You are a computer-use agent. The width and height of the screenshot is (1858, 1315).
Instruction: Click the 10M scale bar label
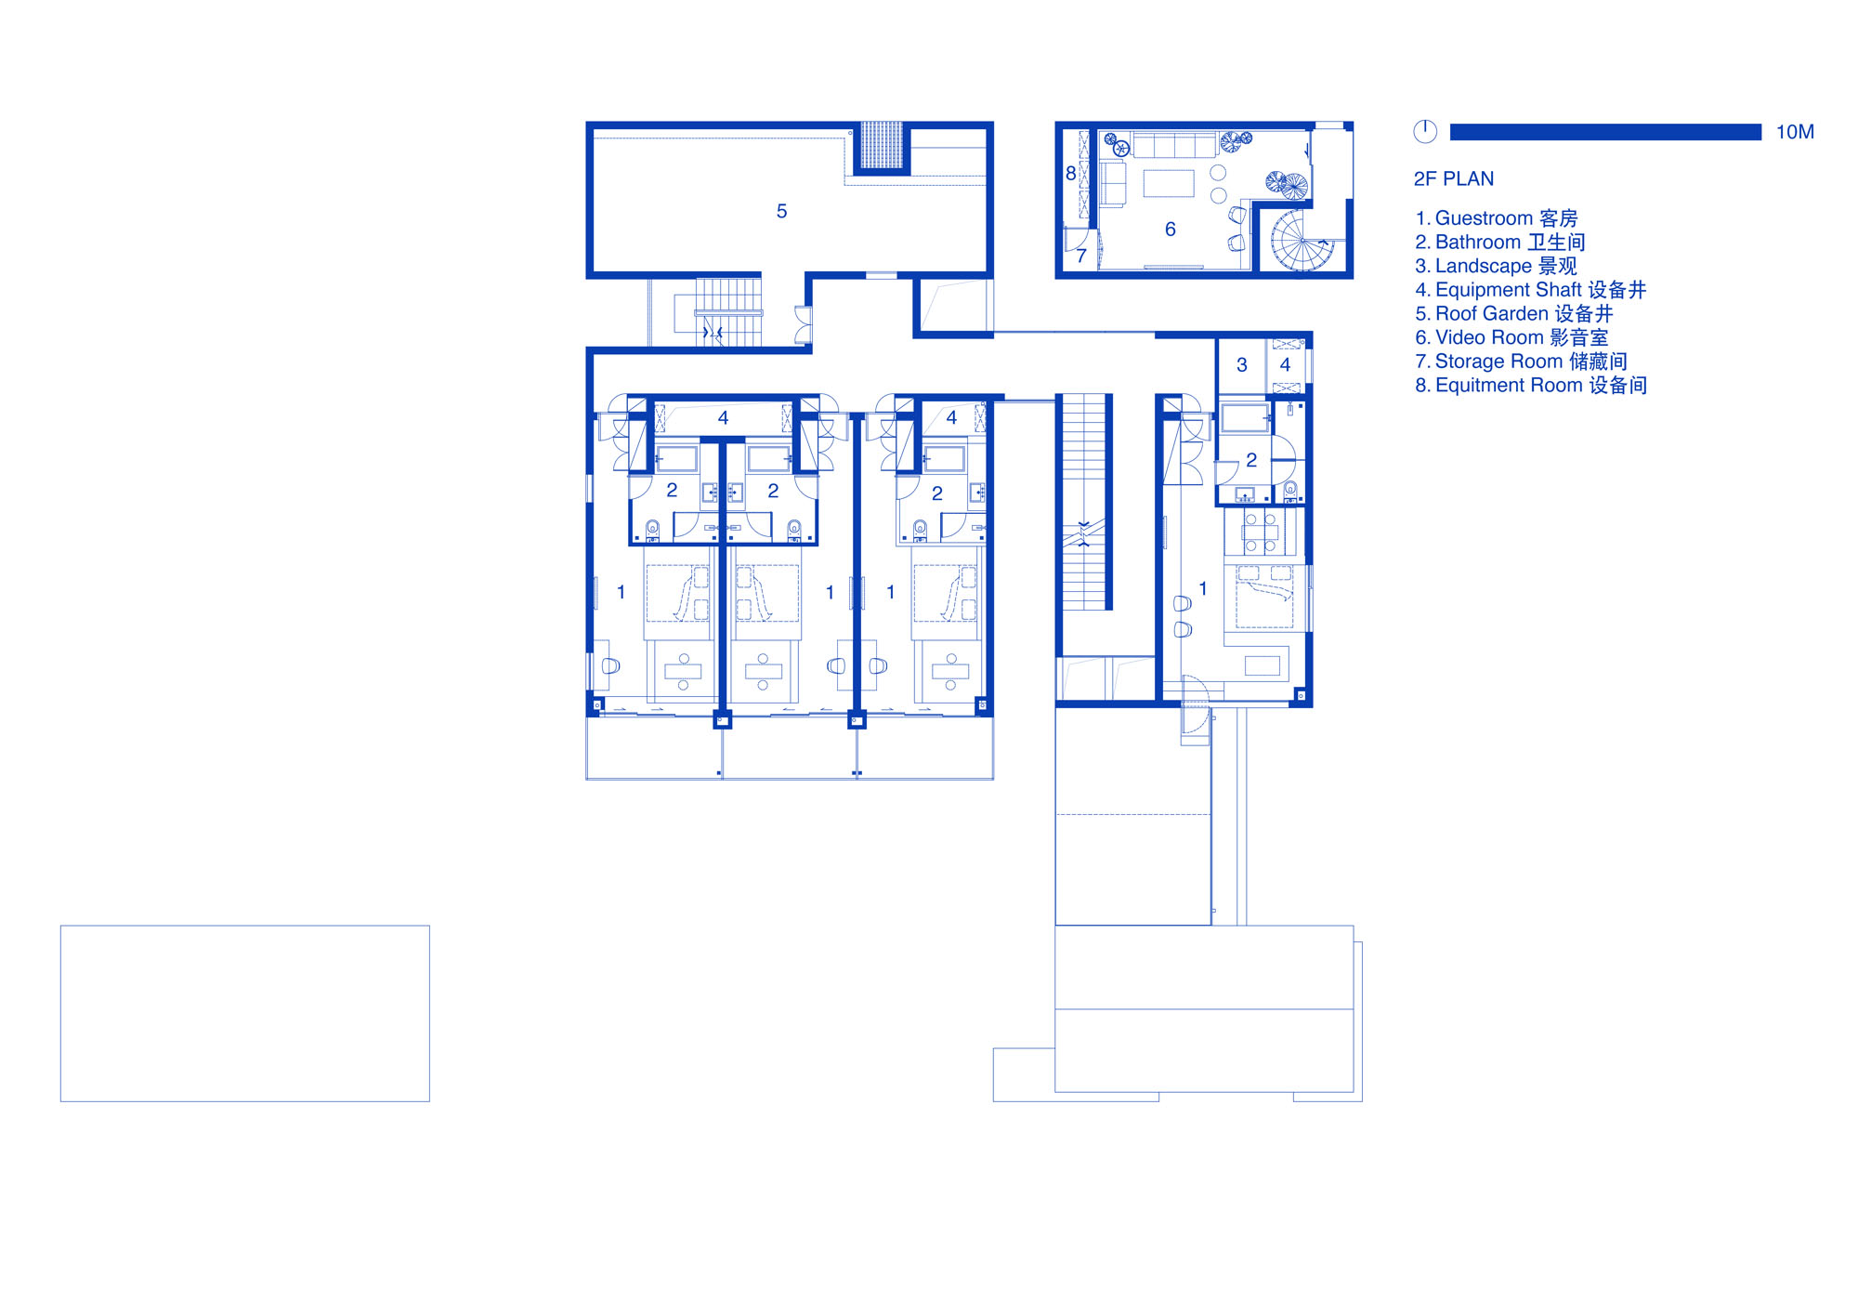click(x=1795, y=132)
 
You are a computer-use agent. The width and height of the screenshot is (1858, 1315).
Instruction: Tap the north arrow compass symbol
click(x=1425, y=132)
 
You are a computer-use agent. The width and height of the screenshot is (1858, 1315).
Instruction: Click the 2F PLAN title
click(x=1454, y=178)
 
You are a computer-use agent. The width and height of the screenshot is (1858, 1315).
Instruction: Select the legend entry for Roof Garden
click(x=1514, y=314)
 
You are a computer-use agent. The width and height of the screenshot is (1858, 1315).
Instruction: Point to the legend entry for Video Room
click(x=1511, y=338)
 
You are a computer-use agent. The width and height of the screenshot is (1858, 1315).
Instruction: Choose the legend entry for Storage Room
click(x=1521, y=362)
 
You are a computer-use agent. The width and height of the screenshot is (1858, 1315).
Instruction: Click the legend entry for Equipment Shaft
click(x=1530, y=290)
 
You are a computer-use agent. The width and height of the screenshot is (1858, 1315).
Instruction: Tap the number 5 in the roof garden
click(x=781, y=212)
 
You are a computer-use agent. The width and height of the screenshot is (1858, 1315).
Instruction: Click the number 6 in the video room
click(x=1171, y=230)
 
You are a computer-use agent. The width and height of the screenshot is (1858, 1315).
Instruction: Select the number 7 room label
click(x=1081, y=256)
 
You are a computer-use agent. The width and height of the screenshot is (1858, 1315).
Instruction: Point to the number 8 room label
click(x=1071, y=174)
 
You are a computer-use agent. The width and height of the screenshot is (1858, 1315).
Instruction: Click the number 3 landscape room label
click(x=1242, y=365)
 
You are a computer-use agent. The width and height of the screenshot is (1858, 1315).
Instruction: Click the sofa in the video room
click(x=1175, y=145)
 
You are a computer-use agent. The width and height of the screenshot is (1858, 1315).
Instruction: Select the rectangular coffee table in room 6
click(x=1169, y=183)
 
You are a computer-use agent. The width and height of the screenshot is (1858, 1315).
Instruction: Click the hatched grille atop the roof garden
click(x=881, y=145)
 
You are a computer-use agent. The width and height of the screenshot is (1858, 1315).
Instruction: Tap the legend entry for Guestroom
click(x=1496, y=218)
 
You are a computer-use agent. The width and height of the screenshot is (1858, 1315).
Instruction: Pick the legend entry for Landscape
click(x=1496, y=267)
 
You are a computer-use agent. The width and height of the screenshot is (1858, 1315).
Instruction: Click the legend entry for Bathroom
click(x=1500, y=243)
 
